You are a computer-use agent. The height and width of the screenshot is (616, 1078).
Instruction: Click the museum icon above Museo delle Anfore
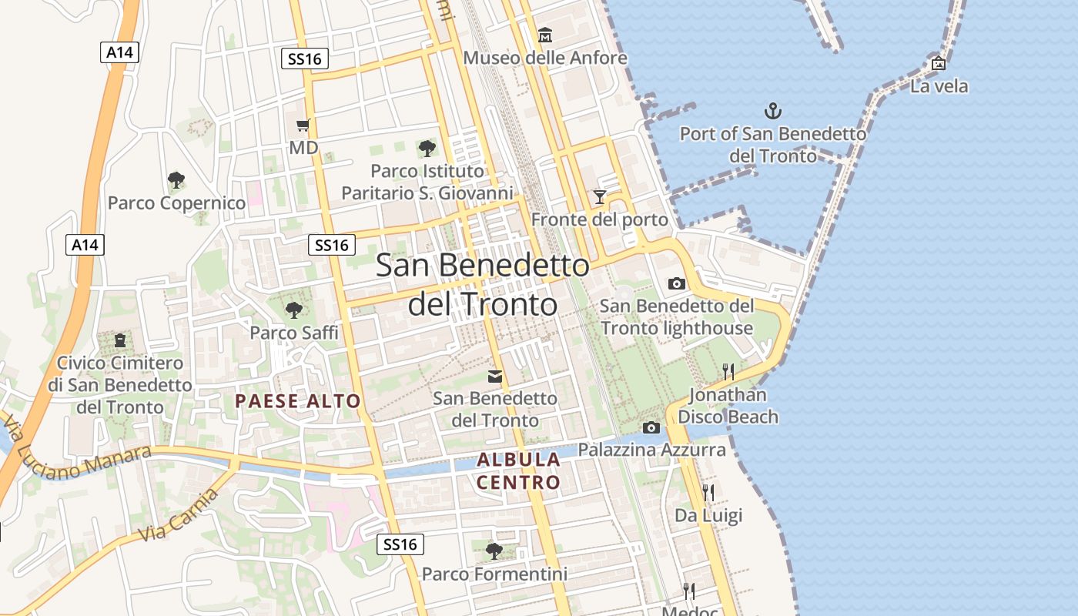click(545, 35)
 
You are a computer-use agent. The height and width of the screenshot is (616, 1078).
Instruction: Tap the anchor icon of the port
click(772, 111)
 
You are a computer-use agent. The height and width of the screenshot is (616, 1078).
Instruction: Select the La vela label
click(939, 86)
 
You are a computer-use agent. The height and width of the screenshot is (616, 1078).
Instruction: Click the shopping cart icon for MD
click(303, 125)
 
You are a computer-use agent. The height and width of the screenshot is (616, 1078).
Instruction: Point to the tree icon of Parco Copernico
click(176, 181)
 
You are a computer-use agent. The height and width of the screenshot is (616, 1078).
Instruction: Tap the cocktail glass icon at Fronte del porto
click(600, 197)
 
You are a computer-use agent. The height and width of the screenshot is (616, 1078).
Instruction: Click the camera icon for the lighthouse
click(677, 283)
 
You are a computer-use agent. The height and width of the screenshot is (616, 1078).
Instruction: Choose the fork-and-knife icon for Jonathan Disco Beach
click(728, 372)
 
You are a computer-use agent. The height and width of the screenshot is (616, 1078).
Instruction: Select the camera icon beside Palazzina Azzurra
click(651, 427)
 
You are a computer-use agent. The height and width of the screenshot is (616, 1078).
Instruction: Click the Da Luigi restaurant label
click(708, 515)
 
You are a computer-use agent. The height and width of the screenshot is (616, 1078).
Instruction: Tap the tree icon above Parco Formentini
click(494, 551)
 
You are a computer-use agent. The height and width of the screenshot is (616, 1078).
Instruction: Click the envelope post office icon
click(495, 377)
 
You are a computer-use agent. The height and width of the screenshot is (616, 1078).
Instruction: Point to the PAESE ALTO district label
click(298, 400)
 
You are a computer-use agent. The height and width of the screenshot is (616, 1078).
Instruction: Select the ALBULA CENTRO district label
click(518, 471)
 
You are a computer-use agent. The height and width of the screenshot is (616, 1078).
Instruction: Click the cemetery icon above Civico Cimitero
click(120, 340)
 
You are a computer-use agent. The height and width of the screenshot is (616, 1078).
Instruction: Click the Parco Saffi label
click(293, 333)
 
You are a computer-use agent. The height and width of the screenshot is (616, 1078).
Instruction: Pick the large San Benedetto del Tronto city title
click(482, 284)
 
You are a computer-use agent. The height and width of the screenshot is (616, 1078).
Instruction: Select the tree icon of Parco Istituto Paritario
click(427, 148)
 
